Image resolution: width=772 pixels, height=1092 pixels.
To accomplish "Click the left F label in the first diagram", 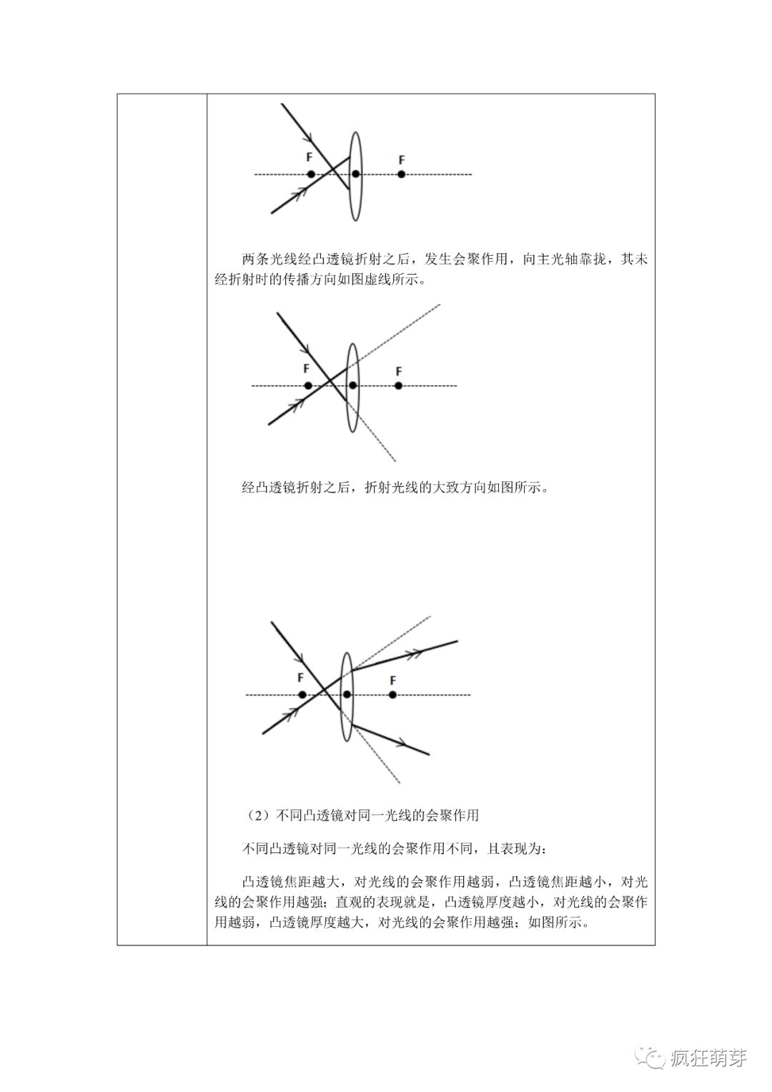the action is (309, 157).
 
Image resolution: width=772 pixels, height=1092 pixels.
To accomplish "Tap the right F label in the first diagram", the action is (402, 159).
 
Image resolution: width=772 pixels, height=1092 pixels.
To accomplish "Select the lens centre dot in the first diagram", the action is (355, 174).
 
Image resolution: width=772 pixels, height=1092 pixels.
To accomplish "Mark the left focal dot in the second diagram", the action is (308, 385).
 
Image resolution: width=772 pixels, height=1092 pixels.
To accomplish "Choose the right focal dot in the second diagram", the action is (398, 385).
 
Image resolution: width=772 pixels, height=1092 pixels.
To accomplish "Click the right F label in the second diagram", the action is (399, 371).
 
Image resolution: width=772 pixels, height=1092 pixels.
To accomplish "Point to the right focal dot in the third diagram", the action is (392, 694).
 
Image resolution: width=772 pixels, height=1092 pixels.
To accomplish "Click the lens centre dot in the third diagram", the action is (347, 694).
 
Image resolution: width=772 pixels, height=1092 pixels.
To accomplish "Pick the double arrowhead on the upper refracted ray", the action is (415, 651).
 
